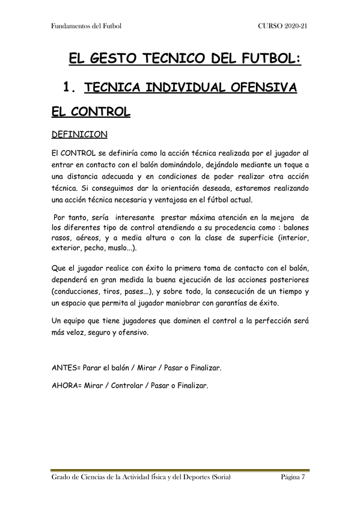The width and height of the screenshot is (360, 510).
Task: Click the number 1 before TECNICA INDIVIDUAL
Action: coord(67,88)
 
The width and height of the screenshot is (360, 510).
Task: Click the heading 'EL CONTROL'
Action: coord(91,112)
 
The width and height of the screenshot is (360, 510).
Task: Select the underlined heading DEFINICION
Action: coord(79,134)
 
